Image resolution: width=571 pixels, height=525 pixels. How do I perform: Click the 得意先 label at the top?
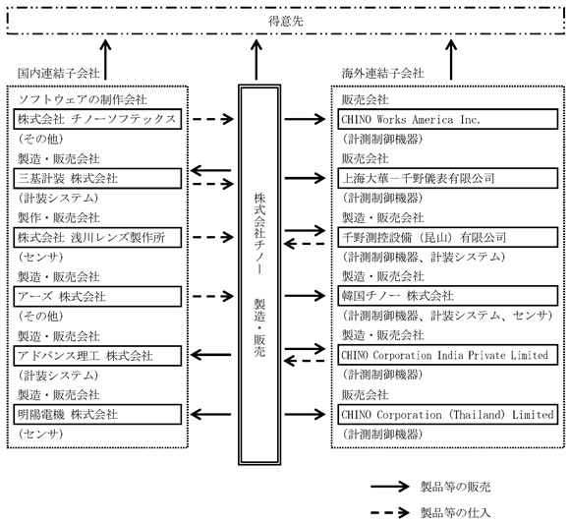[x=285, y=21]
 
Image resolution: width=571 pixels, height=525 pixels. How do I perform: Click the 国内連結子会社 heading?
[x=59, y=73]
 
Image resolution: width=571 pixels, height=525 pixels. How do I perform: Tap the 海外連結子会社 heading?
[x=382, y=73]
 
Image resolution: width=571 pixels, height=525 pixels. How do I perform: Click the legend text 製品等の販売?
[x=456, y=487]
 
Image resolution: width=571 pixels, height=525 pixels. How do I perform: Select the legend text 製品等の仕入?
[x=456, y=512]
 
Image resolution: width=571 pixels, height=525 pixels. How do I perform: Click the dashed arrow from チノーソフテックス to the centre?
[x=213, y=119]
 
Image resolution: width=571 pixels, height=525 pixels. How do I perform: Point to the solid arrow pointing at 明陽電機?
[x=210, y=414]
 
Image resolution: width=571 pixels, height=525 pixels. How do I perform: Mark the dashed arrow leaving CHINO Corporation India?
[x=304, y=361]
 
